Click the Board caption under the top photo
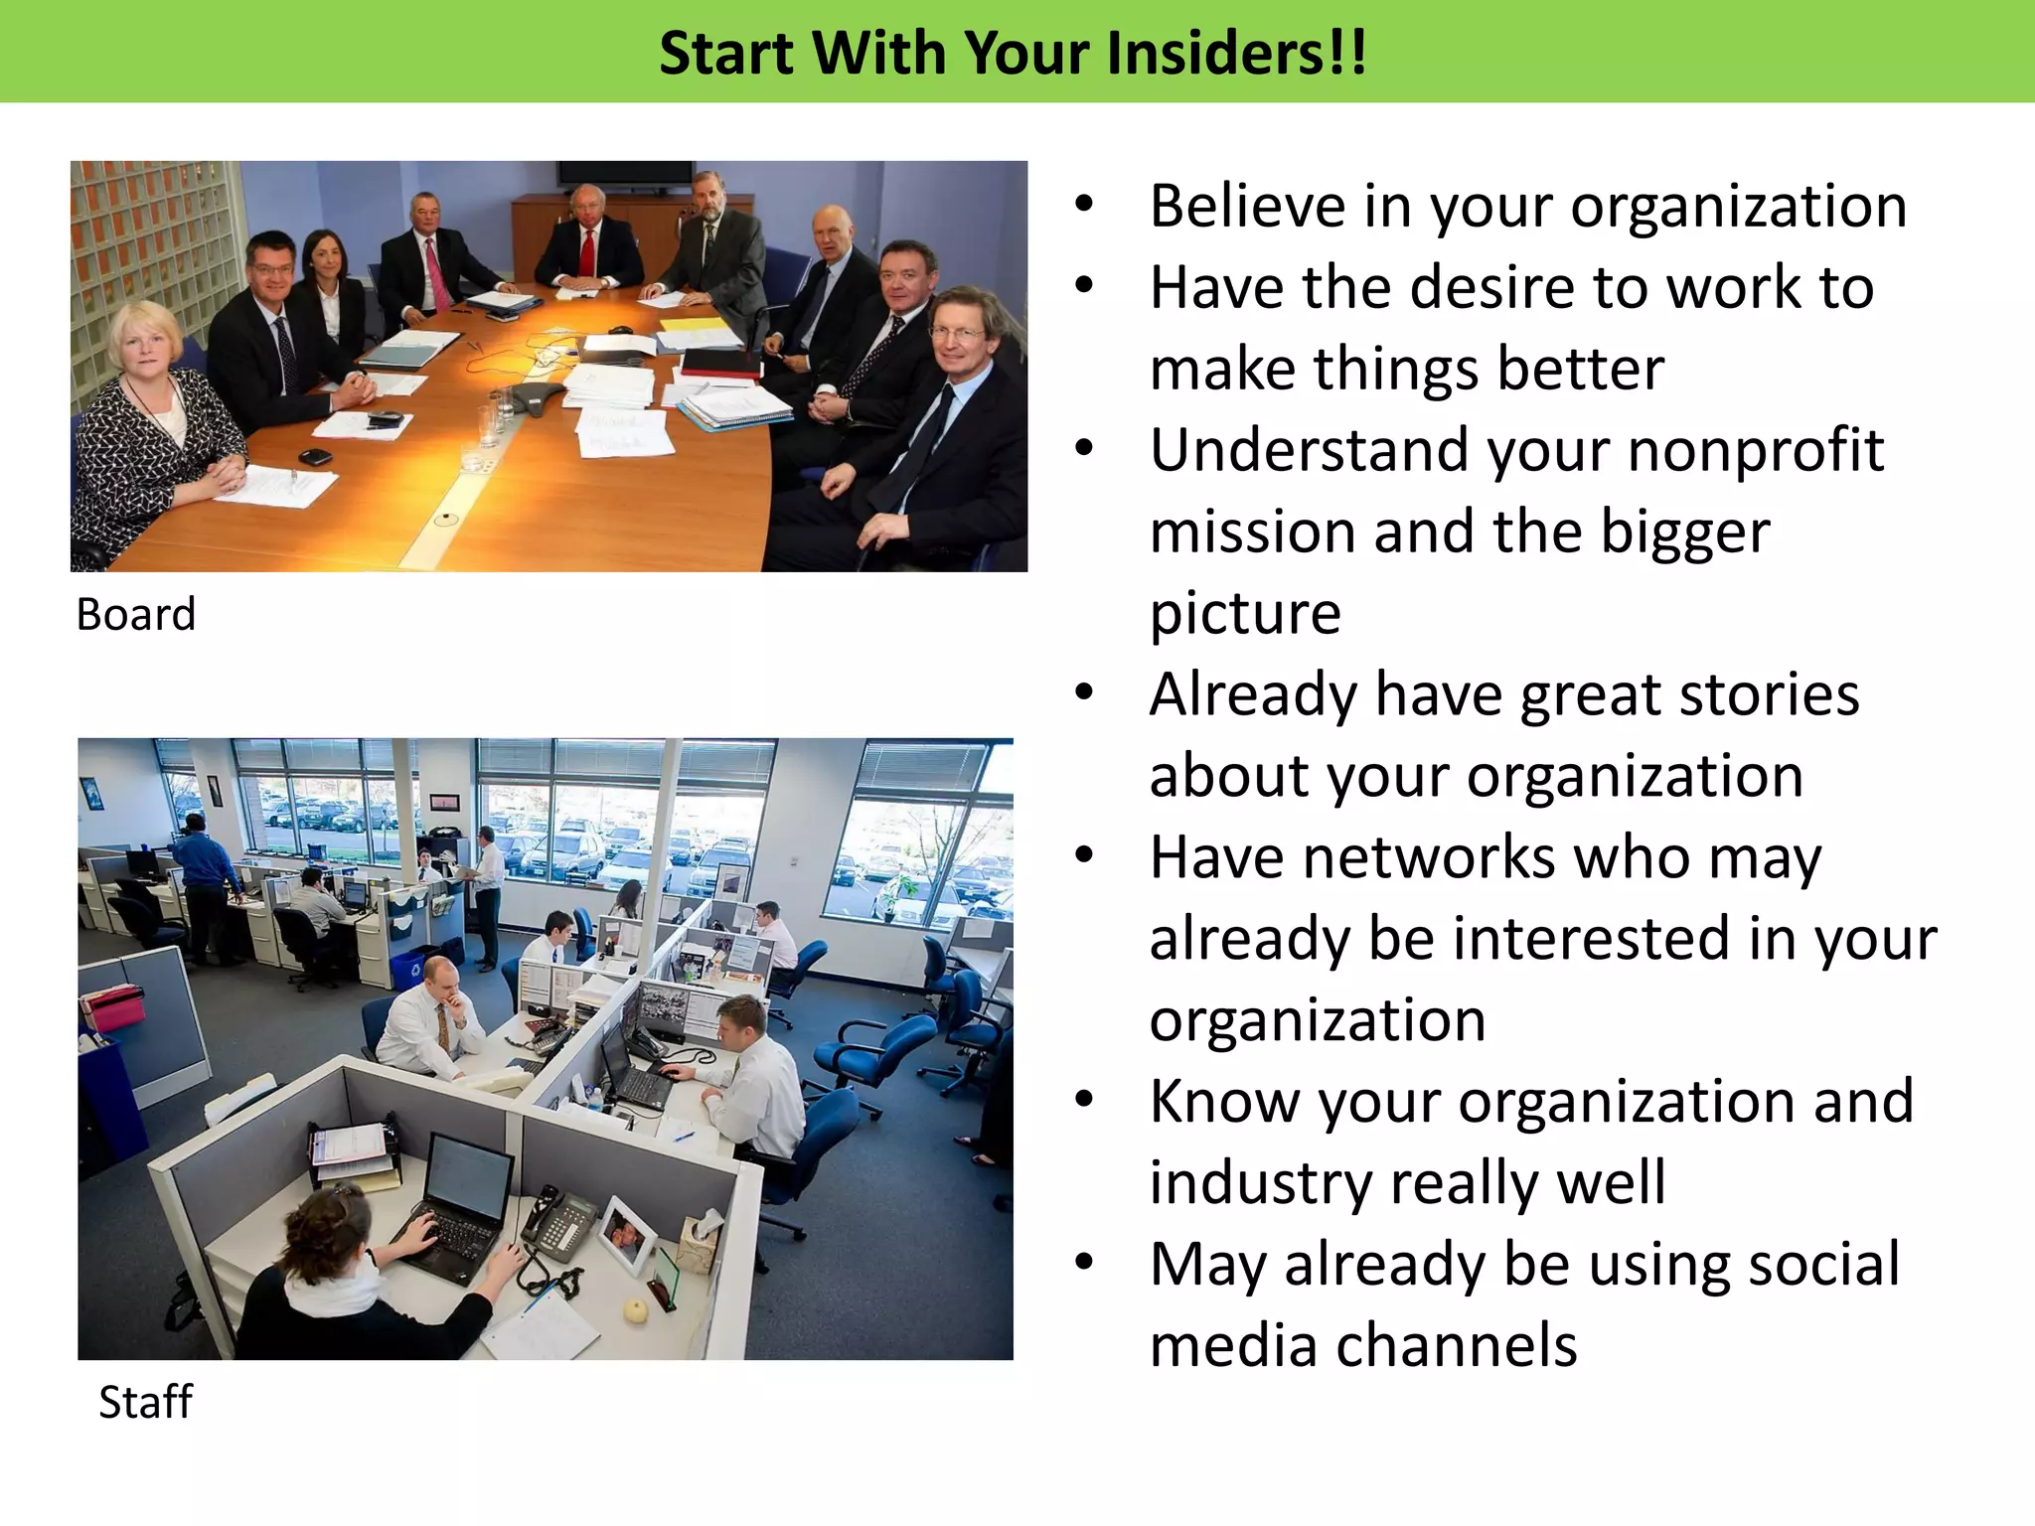tap(136, 615)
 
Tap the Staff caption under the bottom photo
tap(145, 1402)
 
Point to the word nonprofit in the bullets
tap(1756, 451)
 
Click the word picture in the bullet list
tap(1245, 614)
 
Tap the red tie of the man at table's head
tap(587, 252)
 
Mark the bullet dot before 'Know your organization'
tap(1084, 1099)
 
